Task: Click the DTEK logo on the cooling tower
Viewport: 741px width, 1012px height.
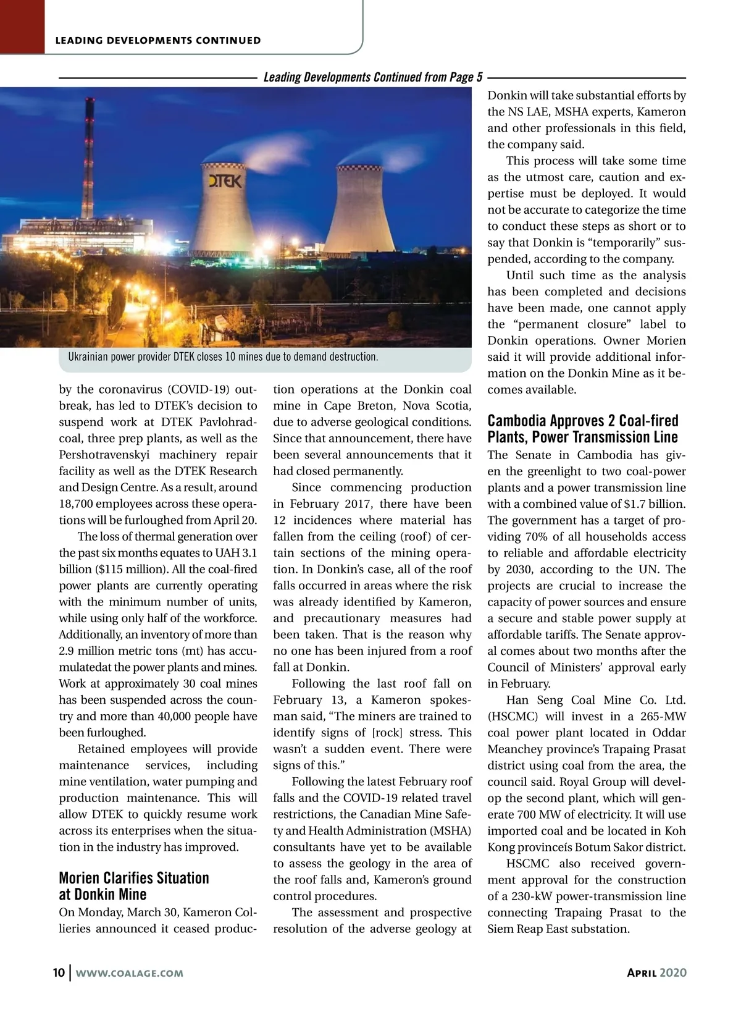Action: (224, 181)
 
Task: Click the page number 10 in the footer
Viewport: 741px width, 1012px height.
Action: (59, 972)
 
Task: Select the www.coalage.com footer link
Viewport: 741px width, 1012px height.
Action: (129, 973)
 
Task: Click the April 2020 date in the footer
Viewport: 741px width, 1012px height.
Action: (656, 972)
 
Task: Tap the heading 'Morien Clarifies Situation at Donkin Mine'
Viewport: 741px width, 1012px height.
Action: (134, 886)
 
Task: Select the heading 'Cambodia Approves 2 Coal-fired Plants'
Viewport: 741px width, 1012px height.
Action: (583, 429)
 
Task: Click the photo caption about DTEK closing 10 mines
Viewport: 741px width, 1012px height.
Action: (223, 357)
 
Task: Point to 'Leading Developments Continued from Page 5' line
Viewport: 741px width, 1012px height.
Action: (373, 77)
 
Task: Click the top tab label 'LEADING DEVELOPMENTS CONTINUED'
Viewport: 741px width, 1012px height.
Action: (158, 41)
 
